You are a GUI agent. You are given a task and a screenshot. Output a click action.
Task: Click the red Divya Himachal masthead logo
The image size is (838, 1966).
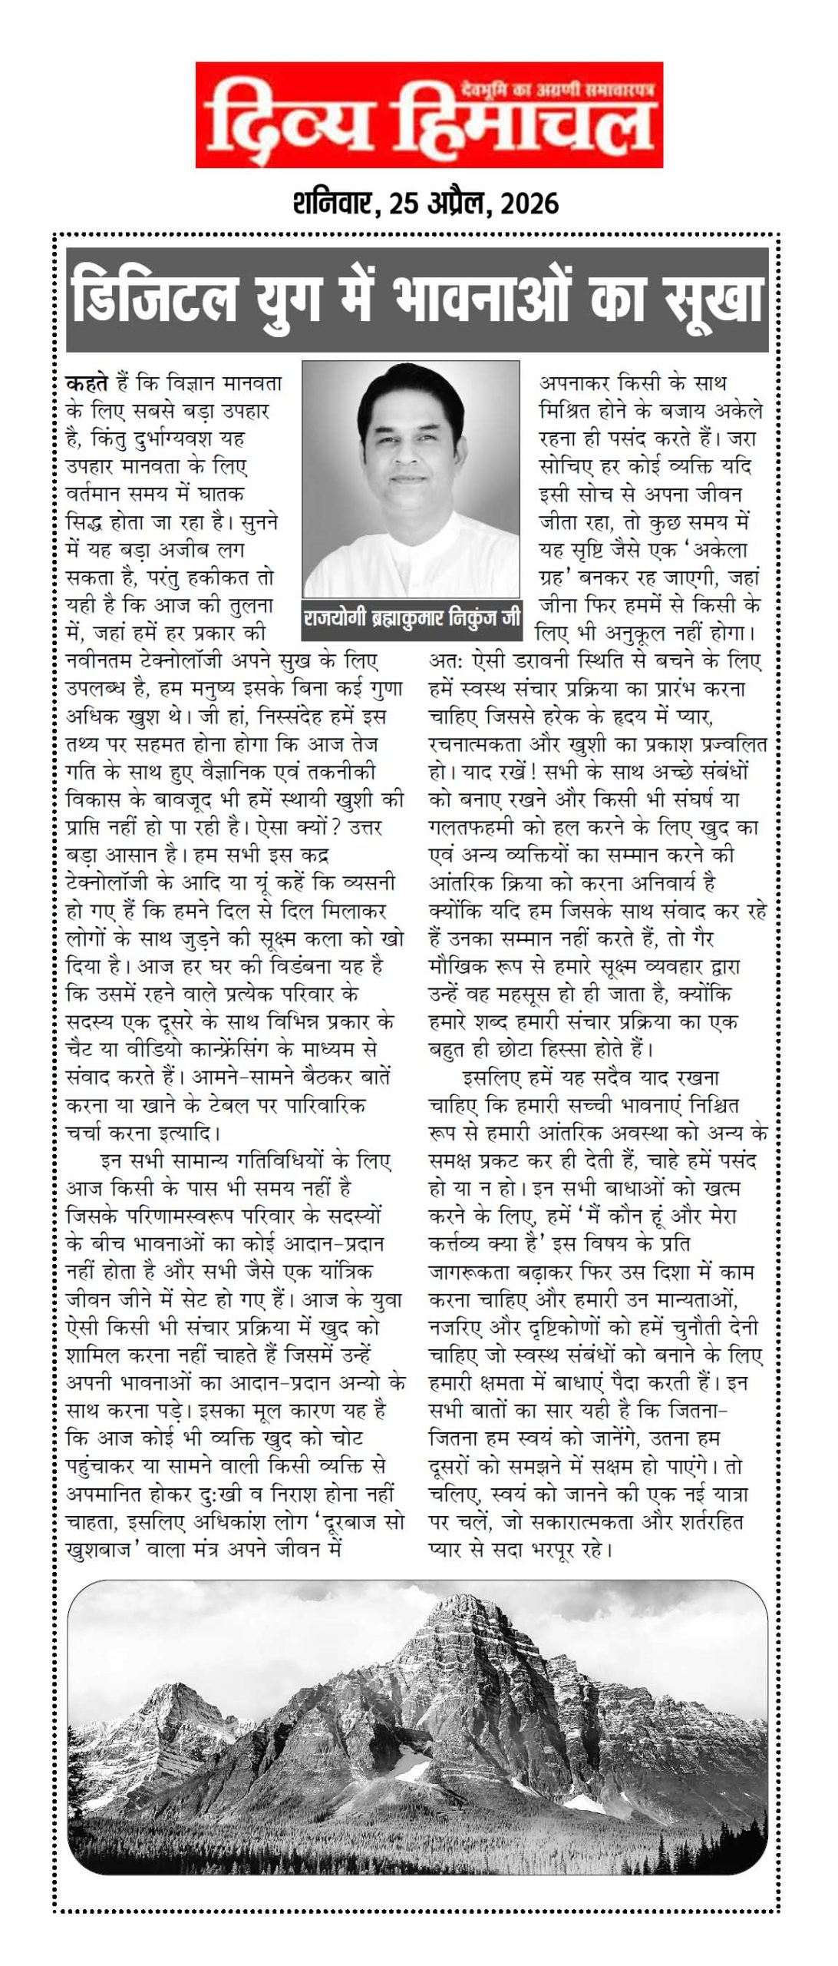[x=428, y=115]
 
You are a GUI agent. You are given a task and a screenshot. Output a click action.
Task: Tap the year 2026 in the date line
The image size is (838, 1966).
[x=529, y=204]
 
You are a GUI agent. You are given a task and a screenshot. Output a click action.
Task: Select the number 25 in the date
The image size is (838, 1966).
[x=404, y=204]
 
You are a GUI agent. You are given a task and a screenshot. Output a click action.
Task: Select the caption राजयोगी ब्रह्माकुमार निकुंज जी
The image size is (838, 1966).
[x=411, y=617]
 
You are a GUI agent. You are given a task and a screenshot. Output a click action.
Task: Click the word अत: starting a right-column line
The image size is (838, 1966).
[x=443, y=661]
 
